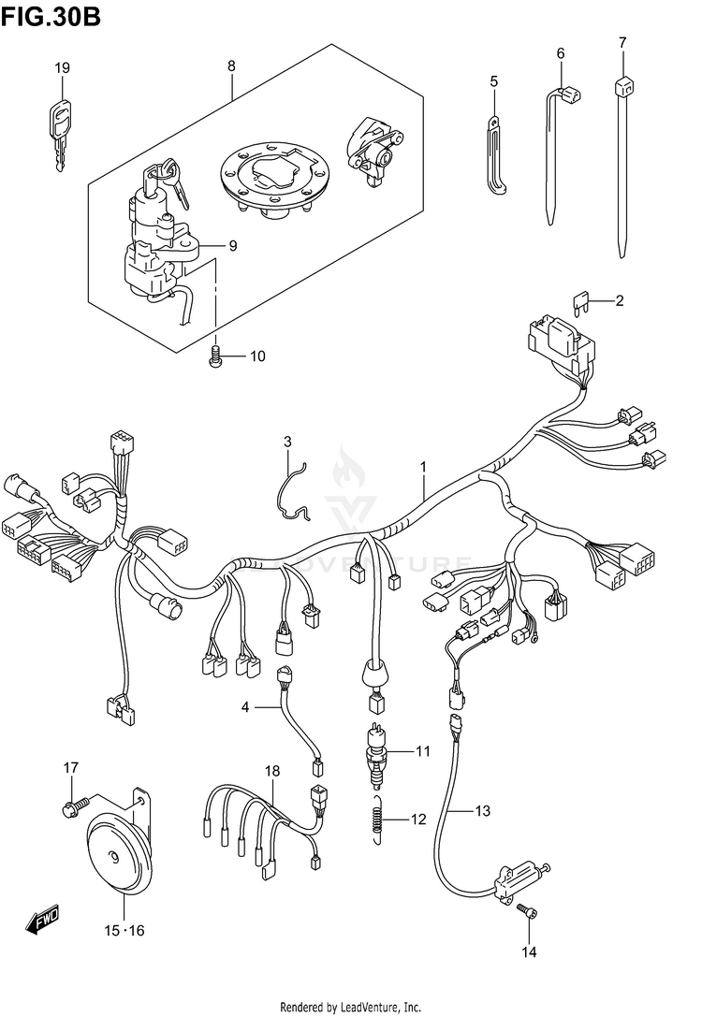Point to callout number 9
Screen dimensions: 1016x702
pyautogui.click(x=231, y=246)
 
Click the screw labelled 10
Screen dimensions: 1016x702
pyautogui.click(x=215, y=355)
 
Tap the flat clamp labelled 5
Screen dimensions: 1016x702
pyautogui.click(x=495, y=154)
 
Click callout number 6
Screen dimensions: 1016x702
pyautogui.click(x=561, y=53)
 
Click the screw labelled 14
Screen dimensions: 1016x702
pyautogui.click(x=530, y=908)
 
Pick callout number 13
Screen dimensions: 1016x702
pyautogui.click(x=482, y=811)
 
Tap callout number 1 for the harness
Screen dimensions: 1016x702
pyautogui.click(x=423, y=466)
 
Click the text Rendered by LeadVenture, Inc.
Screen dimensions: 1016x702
pyautogui.click(x=351, y=1007)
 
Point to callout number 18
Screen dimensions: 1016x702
pyautogui.click(x=272, y=772)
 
